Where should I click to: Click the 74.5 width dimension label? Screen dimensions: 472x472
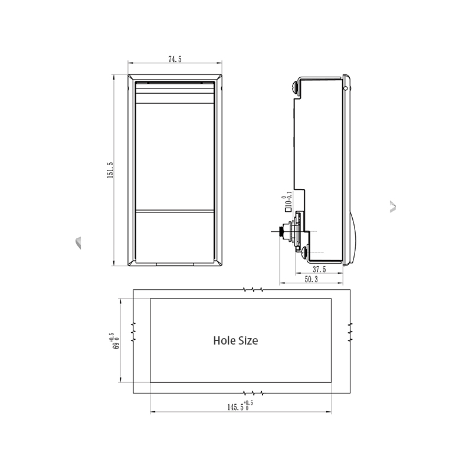tap(175, 59)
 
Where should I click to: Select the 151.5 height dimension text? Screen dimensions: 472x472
tap(110, 170)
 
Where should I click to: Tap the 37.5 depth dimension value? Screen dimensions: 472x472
tap(319, 269)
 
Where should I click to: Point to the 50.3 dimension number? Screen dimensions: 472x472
tap(311, 279)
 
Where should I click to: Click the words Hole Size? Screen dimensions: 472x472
tap(235, 340)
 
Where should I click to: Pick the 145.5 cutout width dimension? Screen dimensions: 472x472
tap(240, 406)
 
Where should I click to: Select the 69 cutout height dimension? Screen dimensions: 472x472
tap(115, 341)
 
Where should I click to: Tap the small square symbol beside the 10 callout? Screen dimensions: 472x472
tap(288, 208)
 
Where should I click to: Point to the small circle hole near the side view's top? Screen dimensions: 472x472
tap(345, 88)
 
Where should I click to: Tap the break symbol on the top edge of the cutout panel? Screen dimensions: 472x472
tap(253, 290)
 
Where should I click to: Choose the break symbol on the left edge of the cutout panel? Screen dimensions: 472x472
tap(133, 332)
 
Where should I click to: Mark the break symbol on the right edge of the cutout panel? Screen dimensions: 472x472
tap(350, 332)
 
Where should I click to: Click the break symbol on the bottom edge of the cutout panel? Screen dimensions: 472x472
tap(253, 393)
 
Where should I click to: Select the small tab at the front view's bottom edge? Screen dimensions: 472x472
tap(175, 264)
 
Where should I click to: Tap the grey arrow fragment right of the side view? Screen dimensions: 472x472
tap(393, 207)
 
